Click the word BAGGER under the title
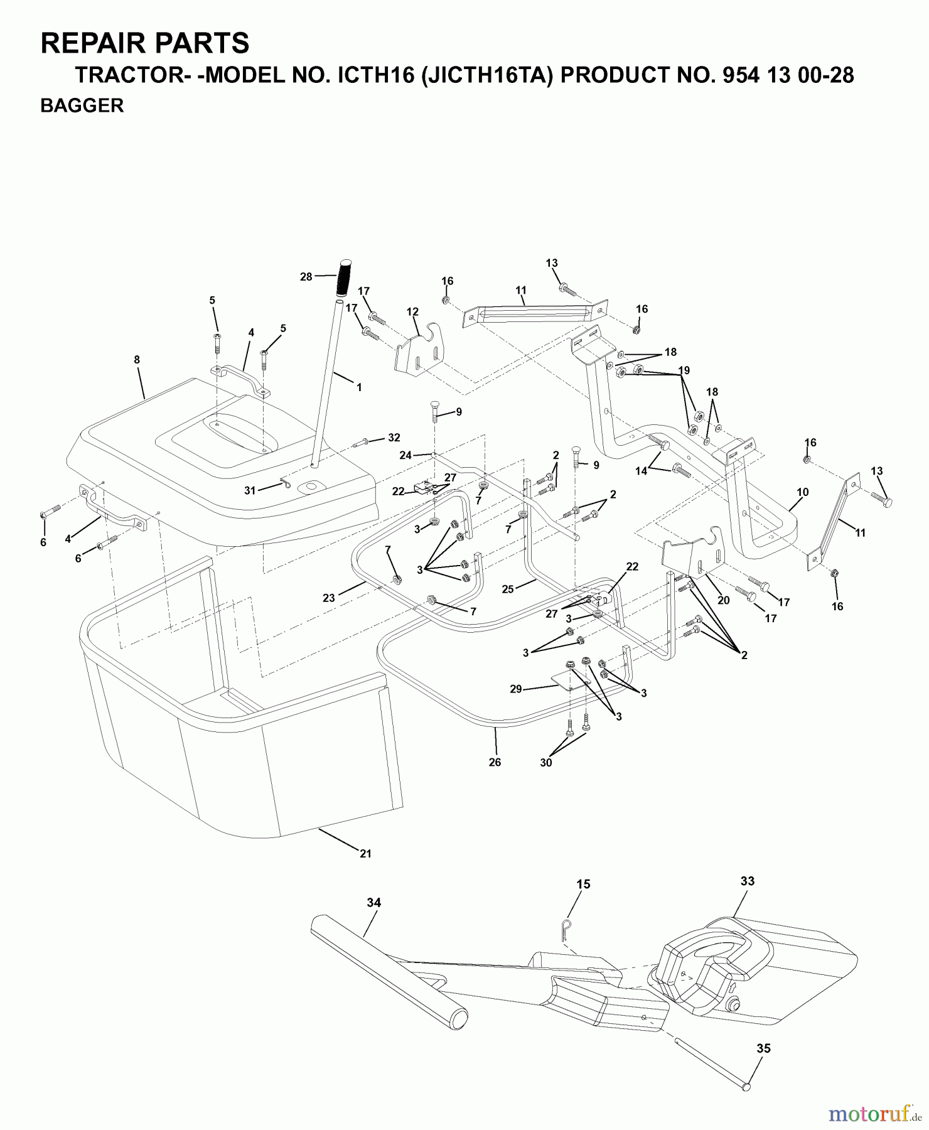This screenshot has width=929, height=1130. point(82,106)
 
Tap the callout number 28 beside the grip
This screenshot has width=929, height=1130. point(306,276)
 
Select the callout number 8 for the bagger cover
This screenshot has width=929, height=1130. point(137,360)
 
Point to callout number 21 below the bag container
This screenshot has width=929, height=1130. point(365,854)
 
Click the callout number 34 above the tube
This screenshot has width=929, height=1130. point(373,903)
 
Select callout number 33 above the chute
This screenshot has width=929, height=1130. point(747,881)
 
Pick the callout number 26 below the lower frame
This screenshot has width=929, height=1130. point(495,762)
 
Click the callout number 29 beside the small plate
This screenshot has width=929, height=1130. point(516,689)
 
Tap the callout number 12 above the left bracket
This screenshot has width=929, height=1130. point(412,311)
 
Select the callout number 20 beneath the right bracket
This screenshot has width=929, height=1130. point(723,600)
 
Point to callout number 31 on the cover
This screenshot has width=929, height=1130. point(250,490)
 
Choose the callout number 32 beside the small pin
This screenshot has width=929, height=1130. point(394,438)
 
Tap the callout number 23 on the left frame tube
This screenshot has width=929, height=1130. point(329,598)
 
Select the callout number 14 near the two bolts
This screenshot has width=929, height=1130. point(641,471)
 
